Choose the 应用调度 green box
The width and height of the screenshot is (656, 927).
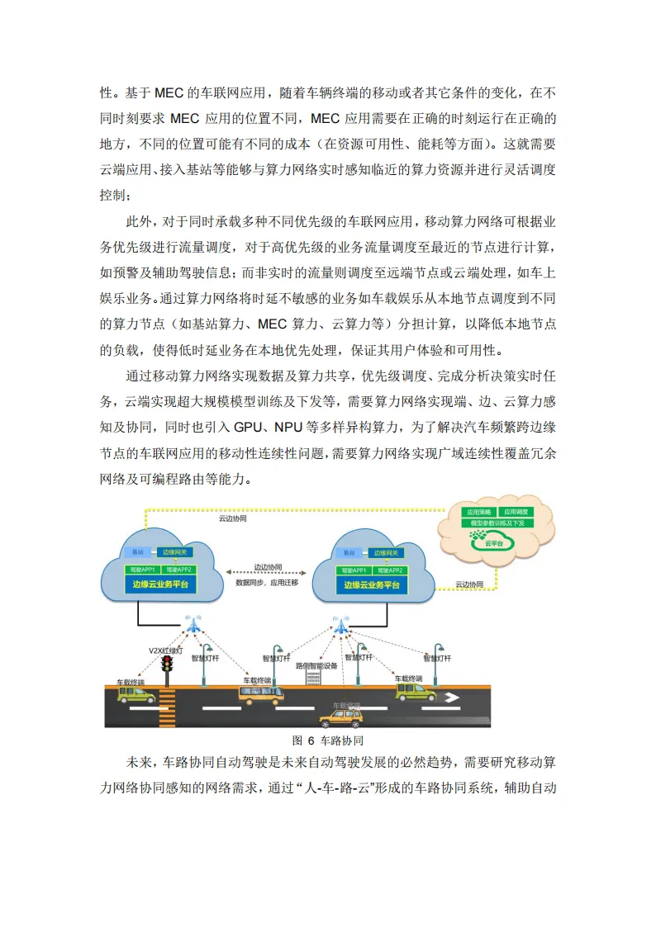click(518, 512)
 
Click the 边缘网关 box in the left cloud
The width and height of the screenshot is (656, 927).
click(177, 551)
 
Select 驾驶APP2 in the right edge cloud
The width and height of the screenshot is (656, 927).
click(388, 570)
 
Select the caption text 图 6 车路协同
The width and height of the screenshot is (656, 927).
click(328, 740)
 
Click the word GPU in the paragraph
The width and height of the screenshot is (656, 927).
click(249, 428)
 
